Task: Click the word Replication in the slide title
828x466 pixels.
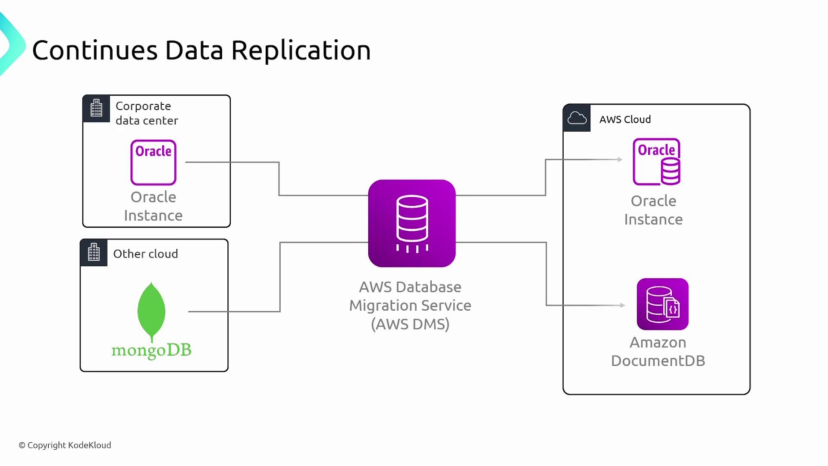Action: point(301,50)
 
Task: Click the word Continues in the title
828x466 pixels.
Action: point(95,50)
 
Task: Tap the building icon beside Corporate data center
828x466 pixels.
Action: point(97,108)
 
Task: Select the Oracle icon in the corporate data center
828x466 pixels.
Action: point(154,162)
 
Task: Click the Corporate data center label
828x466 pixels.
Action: point(147,113)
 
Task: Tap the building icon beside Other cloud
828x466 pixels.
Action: point(94,252)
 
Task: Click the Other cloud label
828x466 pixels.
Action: point(145,254)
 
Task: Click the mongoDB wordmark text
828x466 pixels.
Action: point(151,350)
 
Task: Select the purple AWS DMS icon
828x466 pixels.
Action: point(412,223)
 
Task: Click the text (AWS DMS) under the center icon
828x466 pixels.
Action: point(410,324)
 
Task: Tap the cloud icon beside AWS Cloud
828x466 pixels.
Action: point(577,118)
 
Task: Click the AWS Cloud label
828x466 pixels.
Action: point(625,120)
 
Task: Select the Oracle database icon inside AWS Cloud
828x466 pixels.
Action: point(656,162)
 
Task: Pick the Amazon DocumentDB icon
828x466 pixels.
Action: point(662,304)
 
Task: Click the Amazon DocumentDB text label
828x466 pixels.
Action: point(658,352)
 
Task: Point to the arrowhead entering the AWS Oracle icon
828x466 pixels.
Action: point(620,160)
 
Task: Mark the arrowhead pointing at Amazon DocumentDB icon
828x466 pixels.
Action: point(623,305)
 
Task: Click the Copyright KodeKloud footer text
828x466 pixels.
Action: point(65,445)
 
